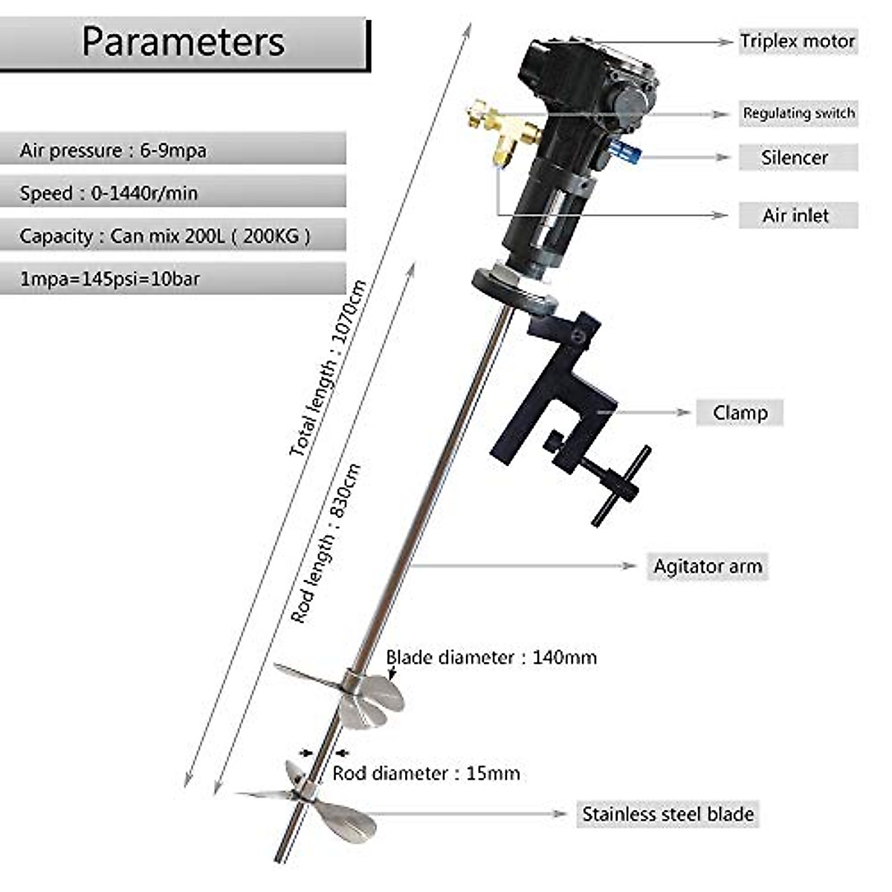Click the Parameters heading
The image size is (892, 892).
click(x=183, y=42)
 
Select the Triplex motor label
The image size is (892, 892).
click(x=797, y=42)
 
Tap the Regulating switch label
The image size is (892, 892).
click(x=798, y=114)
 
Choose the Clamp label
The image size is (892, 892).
click(x=740, y=413)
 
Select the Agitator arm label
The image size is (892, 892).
click(x=708, y=566)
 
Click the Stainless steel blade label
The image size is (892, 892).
click(x=668, y=814)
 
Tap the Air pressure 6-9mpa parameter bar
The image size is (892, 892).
click(x=172, y=150)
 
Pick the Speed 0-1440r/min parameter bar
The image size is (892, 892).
click(x=172, y=193)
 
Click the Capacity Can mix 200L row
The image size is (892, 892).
click(x=172, y=236)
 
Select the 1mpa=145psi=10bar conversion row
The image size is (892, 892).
click(x=172, y=279)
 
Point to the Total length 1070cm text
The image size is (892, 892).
click(x=329, y=368)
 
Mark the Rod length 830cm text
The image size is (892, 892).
click(x=326, y=543)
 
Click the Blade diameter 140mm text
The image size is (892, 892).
click(x=491, y=658)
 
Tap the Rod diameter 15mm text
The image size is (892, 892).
click(x=426, y=773)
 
